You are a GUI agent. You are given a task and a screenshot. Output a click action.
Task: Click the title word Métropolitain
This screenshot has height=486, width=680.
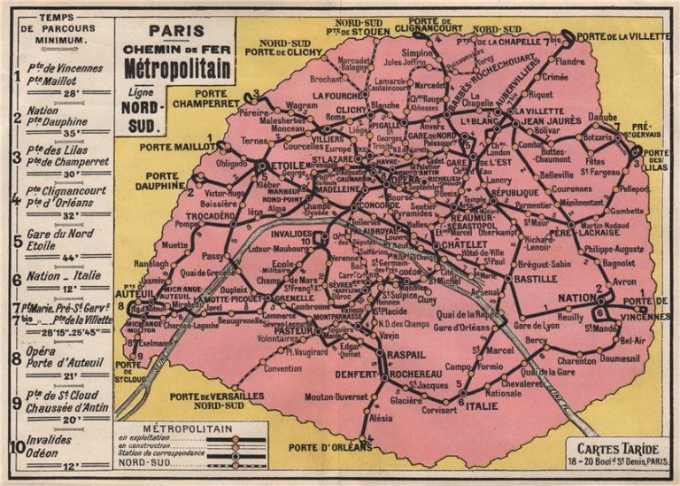(x=177, y=68)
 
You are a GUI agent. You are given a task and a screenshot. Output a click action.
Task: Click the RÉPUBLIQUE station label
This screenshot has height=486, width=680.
(x=514, y=192)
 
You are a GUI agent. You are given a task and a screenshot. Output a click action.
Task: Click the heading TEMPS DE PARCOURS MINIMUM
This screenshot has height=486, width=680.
(x=57, y=29)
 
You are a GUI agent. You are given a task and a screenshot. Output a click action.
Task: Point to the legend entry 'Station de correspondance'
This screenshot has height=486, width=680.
(x=161, y=454)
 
